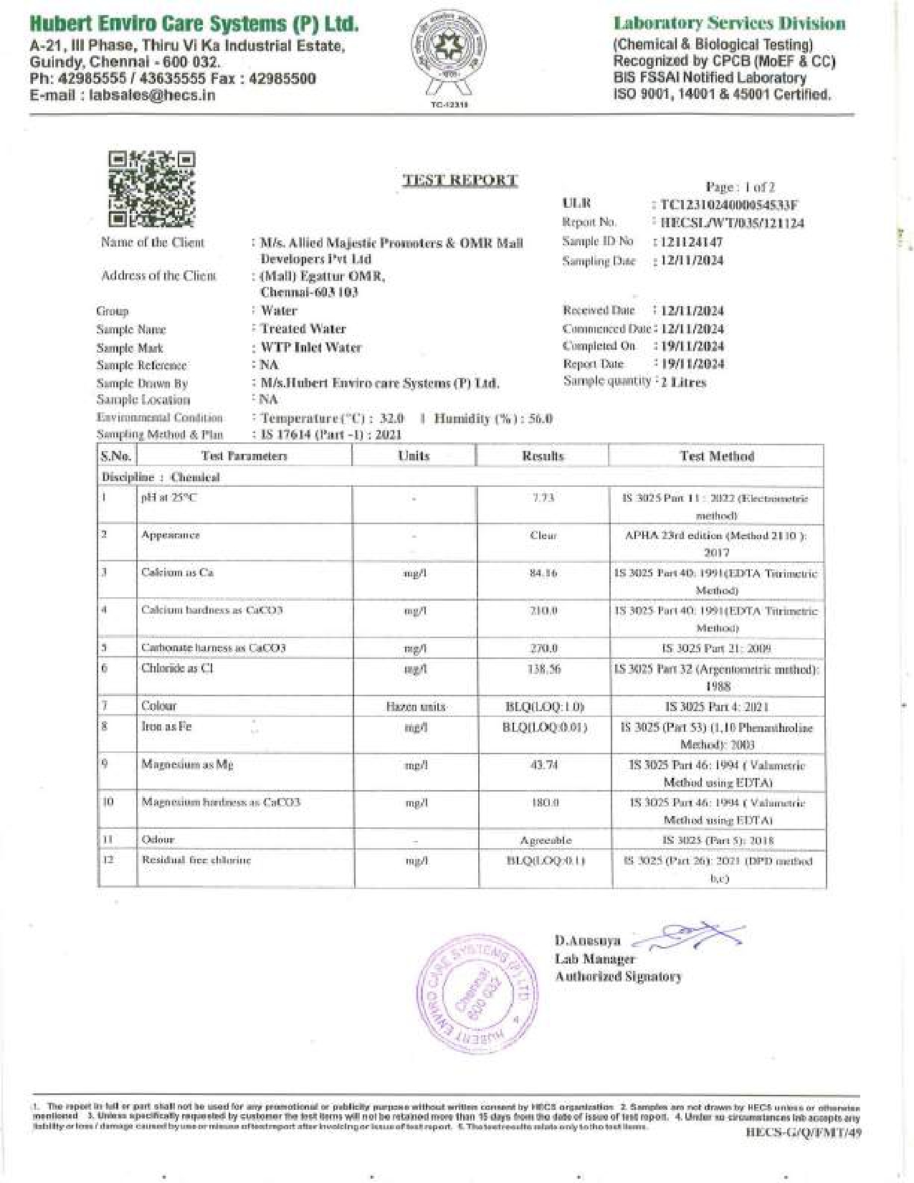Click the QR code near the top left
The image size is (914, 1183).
151,189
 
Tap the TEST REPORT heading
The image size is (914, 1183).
460,180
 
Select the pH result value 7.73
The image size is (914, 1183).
543,498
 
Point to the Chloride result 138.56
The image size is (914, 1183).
543,668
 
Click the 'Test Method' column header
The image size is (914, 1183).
716,456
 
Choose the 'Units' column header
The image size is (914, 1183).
414,456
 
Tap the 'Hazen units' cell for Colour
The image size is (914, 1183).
415,707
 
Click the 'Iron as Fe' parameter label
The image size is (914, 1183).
166,726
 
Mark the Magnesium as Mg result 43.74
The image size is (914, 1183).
543,764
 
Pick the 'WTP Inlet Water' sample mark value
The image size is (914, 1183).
311,348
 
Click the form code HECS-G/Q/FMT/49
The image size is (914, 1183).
803,1132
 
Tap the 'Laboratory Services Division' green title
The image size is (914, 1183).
729,24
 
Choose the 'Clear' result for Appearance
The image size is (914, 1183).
543,536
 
